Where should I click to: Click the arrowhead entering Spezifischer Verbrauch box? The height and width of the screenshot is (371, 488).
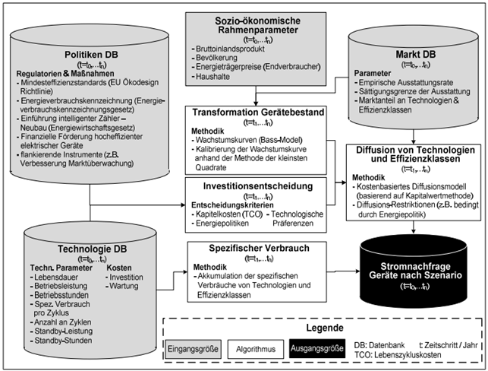tap(184, 271)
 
